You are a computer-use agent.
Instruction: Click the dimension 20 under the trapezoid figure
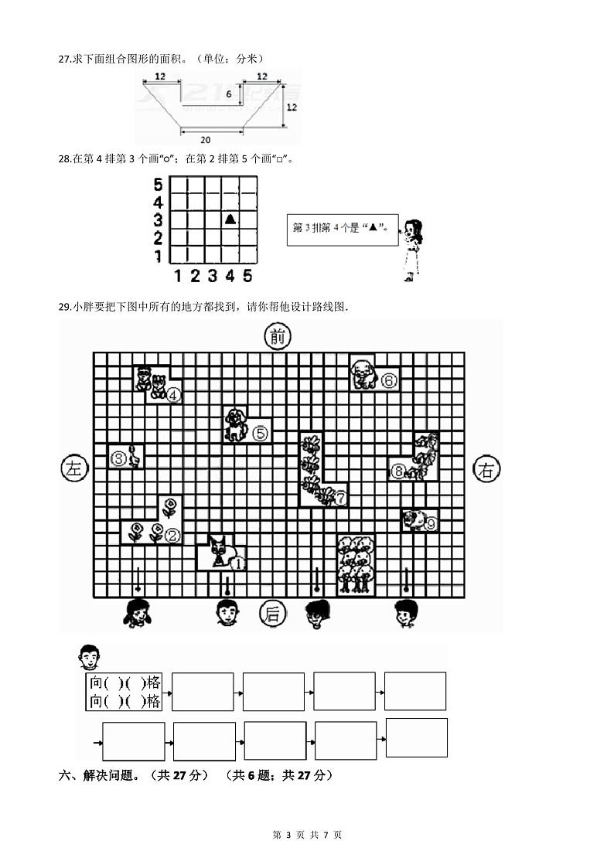(204, 139)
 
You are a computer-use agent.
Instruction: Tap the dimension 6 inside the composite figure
(229, 94)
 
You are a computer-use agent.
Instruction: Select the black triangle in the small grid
(230, 219)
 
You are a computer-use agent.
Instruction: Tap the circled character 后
(272, 614)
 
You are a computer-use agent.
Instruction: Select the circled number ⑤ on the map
(260, 433)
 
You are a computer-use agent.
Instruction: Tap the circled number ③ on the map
(119, 459)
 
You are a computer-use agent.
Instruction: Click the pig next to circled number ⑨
(414, 521)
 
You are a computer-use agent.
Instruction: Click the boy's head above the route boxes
(90, 659)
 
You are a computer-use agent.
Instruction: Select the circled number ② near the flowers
(172, 534)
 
